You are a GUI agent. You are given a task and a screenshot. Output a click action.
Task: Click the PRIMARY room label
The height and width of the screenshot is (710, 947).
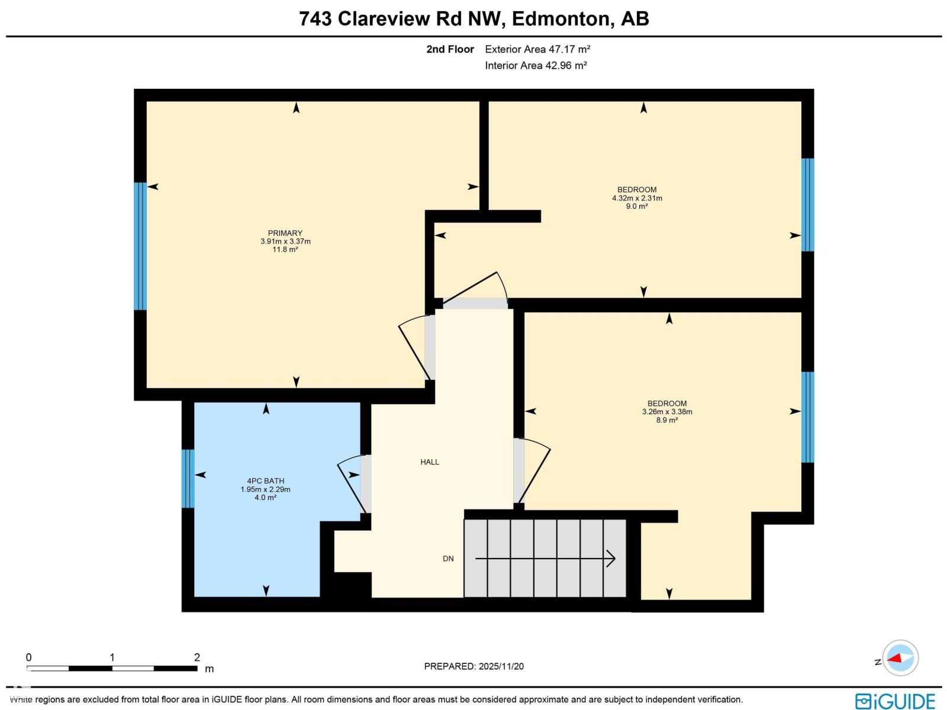point(285,233)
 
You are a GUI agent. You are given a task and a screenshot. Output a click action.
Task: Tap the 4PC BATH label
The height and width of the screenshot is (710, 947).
point(265,481)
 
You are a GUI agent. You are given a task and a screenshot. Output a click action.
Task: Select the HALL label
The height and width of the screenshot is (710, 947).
point(430,462)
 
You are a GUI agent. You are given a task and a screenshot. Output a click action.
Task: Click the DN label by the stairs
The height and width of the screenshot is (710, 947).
point(448,559)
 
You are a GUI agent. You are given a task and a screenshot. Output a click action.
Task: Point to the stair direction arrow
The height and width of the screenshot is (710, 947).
point(545,559)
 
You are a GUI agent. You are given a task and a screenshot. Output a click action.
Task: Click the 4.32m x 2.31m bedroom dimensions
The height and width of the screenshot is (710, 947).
point(637,198)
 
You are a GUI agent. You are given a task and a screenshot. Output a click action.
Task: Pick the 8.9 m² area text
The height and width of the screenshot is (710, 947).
point(666,420)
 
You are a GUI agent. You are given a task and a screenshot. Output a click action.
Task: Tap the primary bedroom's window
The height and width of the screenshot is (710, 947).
point(140,246)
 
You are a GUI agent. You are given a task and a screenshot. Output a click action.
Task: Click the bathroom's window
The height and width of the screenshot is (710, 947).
point(188,479)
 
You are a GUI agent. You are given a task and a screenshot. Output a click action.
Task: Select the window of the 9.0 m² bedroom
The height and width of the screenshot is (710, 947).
point(807,205)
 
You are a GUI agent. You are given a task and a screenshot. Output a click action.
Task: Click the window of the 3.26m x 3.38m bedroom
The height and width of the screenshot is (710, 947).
point(807,417)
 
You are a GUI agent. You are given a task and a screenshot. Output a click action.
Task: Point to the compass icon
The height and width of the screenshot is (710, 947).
point(900,658)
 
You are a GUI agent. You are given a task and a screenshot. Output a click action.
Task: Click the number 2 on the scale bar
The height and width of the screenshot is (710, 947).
point(197,657)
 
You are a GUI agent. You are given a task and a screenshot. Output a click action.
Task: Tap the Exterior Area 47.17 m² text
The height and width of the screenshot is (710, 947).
point(537,49)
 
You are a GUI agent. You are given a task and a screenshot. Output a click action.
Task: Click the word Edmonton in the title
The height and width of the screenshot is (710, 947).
point(561,19)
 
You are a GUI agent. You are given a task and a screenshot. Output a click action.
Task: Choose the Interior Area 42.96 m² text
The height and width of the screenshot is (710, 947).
point(536,66)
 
